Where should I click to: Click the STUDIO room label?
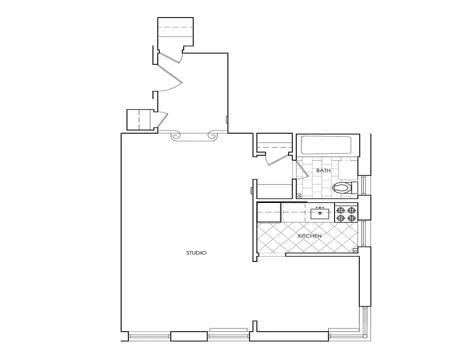196,253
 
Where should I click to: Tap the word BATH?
323,171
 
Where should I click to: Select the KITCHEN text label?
310,236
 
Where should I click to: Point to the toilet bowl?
341,188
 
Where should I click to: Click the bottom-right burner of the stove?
352,218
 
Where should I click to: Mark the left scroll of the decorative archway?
176,135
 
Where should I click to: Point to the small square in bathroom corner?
299,196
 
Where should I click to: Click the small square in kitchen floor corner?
355,250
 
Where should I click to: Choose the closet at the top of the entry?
176,31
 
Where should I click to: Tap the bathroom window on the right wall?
365,185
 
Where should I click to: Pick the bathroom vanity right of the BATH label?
348,171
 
